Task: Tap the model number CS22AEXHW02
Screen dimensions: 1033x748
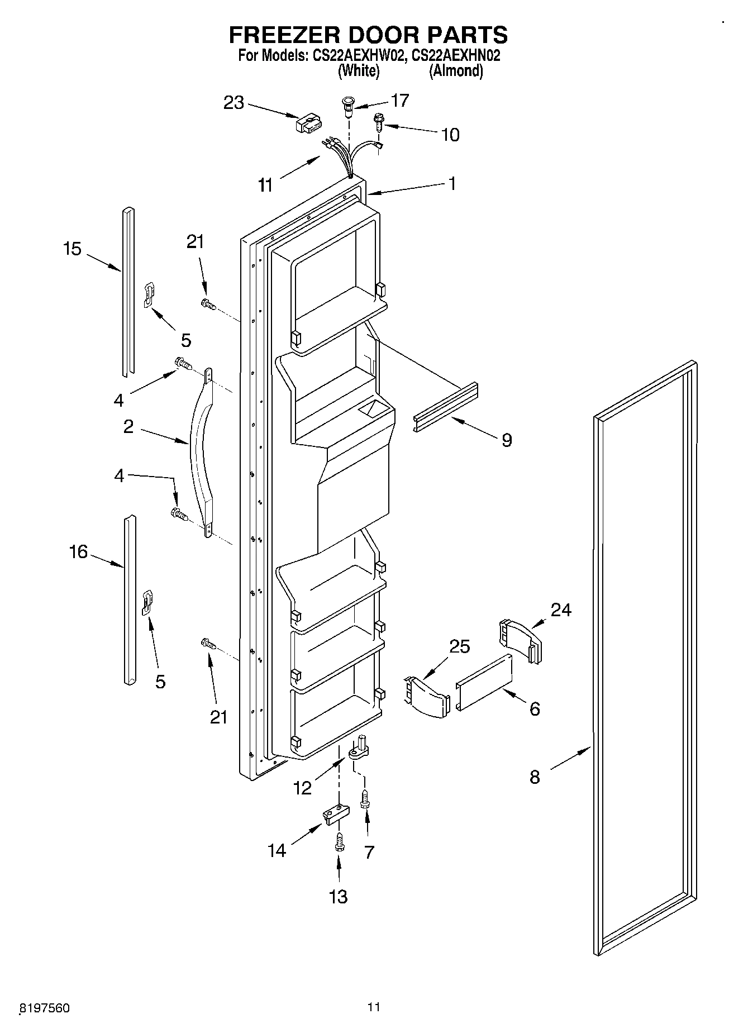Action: [x=355, y=56]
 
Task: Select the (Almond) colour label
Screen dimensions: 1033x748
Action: [x=456, y=71]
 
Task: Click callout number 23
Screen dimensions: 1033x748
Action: [x=234, y=102]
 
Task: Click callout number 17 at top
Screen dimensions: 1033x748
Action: [x=400, y=100]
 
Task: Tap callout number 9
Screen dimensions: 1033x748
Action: [x=506, y=440]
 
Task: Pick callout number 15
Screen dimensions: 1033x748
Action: [x=72, y=249]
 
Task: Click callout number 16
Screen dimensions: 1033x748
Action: [x=78, y=552]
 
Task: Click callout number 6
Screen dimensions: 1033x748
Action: [x=535, y=708]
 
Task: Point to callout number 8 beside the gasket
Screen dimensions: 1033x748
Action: [x=535, y=777]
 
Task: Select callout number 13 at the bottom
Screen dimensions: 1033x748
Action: [x=339, y=897]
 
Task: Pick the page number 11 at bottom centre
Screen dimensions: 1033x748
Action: [x=374, y=1007]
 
